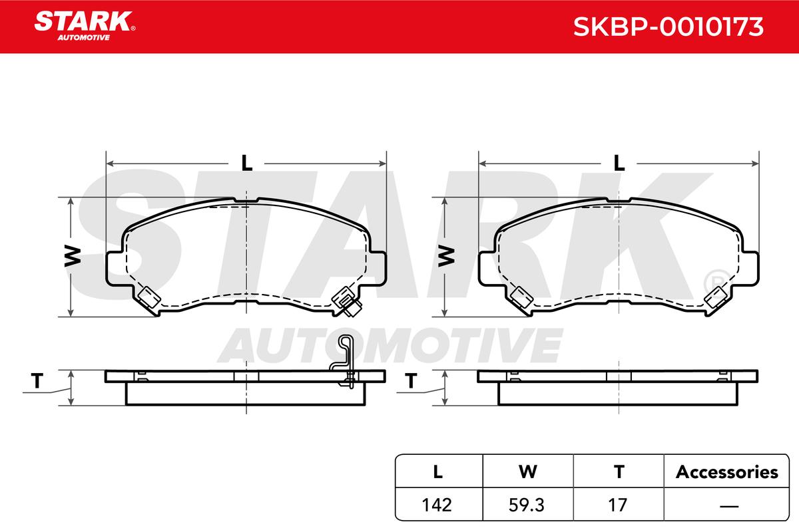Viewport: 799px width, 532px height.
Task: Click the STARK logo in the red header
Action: coord(85,26)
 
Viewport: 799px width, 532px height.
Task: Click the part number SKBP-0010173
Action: coord(668,27)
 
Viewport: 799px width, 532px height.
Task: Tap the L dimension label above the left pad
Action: coord(246,163)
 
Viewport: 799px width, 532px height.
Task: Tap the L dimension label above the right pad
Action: coord(619,163)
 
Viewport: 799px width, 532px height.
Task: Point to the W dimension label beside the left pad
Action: coord(73,256)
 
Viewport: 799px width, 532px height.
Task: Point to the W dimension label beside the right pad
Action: coord(446,256)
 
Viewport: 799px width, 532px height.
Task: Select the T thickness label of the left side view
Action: coord(37,380)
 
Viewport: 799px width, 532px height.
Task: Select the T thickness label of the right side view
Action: coord(411,380)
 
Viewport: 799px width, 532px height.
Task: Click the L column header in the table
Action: coord(438,471)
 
